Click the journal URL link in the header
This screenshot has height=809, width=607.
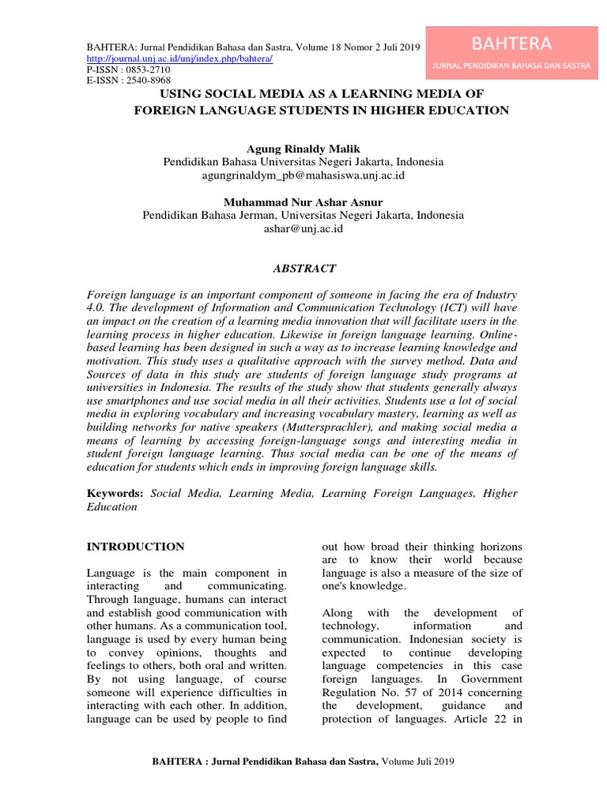(x=179, y=58)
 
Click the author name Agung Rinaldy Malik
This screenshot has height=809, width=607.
(x=303, y=148)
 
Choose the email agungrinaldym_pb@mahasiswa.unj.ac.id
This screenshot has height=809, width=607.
(x=303, y=175)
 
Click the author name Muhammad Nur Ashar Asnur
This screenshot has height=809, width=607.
(x=303, y=202)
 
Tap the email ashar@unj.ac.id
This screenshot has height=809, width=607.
(x=303, y=228)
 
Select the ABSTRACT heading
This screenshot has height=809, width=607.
(x=303, y=269)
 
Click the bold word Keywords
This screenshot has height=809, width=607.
(x=115, y=493)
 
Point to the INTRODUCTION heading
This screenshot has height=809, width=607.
(x=135, y=547)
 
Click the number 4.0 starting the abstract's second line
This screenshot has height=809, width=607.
(x=96, y=308)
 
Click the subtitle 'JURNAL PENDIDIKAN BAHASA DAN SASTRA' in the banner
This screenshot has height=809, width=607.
(x=511, y=66)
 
